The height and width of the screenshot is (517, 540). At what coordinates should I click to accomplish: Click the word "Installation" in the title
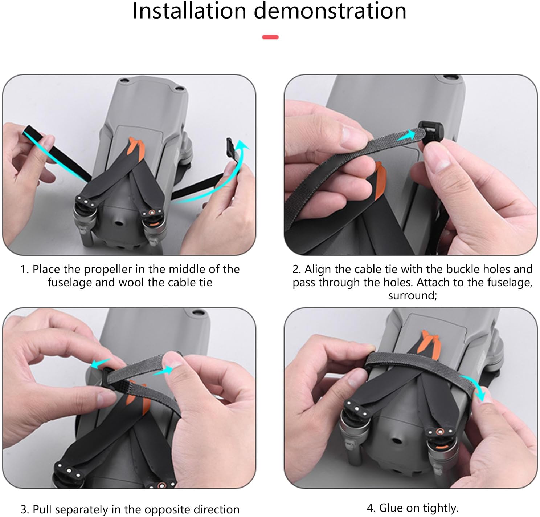pos(189,11)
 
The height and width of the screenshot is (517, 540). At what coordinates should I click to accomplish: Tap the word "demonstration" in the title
pos(330,11)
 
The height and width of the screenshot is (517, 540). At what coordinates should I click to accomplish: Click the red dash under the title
pos(270,37)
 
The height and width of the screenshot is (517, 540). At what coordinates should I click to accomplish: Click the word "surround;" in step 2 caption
pos(412,295)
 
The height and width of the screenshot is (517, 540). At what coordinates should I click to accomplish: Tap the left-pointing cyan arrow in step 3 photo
pos(101,363)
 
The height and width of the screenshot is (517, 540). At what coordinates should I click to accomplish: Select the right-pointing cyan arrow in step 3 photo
pos(163,371)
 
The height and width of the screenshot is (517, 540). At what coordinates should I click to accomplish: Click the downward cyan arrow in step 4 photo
pos(474,388)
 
